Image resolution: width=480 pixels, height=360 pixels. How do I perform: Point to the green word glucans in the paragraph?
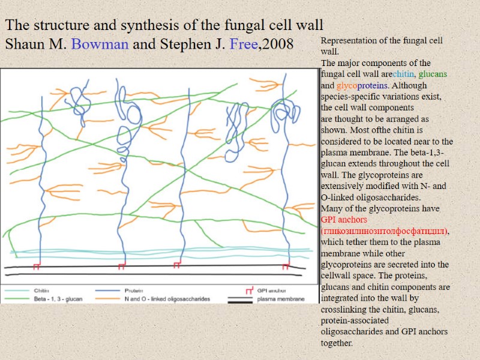tap(433, 74)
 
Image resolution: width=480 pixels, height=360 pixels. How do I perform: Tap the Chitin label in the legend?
tap(41, 290)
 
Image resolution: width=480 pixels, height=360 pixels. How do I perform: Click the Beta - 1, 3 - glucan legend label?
tap(58, 299)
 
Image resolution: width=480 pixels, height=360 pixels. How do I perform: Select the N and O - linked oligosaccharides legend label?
tap(167, 299)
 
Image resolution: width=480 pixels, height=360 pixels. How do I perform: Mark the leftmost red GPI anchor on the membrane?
tap(37, 265)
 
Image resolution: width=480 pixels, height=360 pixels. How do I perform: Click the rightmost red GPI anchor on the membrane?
tap(286, 265)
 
